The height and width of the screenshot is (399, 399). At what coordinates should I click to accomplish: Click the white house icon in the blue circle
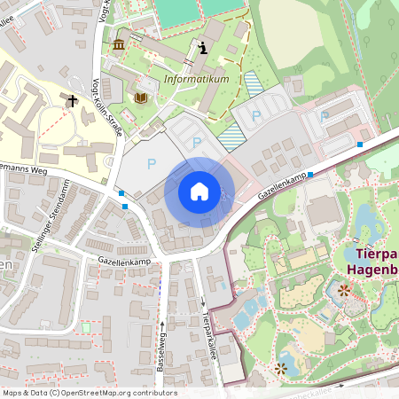click(x=199, y=192)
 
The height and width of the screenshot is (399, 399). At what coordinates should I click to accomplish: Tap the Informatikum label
click(x=196, y=79)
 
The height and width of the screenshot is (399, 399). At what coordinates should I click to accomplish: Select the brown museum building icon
click(x=119, y=44)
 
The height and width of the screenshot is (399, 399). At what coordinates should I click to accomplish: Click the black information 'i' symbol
click(x=205, y=48)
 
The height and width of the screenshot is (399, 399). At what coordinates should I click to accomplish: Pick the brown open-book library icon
click(x=140, y=95)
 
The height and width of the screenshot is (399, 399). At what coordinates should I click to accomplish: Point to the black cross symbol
click(x=72, y=101)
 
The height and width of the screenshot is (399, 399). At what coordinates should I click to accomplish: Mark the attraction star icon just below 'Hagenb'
click(x=344, y=289)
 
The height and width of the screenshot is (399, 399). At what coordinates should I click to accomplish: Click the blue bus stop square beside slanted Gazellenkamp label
click(x=310, y=175)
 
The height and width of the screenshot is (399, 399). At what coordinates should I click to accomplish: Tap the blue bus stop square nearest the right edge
click(x=360, y=144)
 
